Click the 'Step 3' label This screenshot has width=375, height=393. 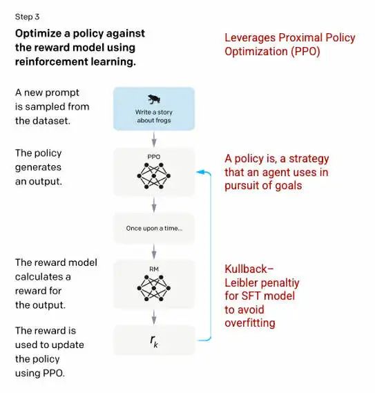point(27,17)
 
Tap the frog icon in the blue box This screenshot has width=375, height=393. point(154,99)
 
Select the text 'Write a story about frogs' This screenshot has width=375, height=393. point(154,116)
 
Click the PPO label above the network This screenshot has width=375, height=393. point(153,157)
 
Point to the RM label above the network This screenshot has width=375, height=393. point(154,269)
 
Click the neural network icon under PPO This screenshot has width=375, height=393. point(153,175)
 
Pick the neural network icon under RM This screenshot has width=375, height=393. point(153,288)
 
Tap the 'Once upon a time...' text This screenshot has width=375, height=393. point(154,229)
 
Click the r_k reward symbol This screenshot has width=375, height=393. point(154,341)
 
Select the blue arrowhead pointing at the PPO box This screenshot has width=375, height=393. point(200,172)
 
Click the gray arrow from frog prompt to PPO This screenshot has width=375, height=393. point(154,139)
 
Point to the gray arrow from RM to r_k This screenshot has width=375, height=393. point(154,317)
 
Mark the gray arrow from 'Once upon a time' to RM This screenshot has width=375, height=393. point(154,251)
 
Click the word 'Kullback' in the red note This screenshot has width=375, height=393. point(246,269)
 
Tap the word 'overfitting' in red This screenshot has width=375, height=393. point(250,323)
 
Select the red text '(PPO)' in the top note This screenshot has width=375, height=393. point(305,52)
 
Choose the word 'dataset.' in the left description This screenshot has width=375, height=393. point(52,121)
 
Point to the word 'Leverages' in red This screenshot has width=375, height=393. point(250,38)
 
